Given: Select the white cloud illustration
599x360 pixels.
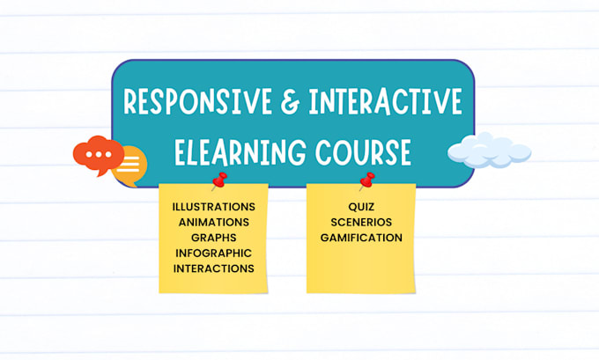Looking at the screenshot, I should click(x=489, y=151).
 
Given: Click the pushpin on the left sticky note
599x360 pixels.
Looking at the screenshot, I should click(x=218, y=182).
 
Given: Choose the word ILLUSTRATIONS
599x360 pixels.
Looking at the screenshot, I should click(x=214, y=206).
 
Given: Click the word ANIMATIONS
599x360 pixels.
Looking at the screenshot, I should click(x=214, y=221).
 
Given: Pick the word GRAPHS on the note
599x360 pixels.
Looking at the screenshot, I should click(x=214, y=237).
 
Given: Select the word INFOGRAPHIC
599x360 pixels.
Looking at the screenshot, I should click(x=214, y=253).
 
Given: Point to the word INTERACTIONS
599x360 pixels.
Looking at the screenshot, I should click(x=214, y=268).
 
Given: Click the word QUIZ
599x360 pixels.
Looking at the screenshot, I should click(x=361, y=206).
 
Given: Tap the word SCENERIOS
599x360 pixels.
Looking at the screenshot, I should click(x=361, y=221).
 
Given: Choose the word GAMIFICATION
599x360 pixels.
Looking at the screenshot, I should click(x=361, y=237).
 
